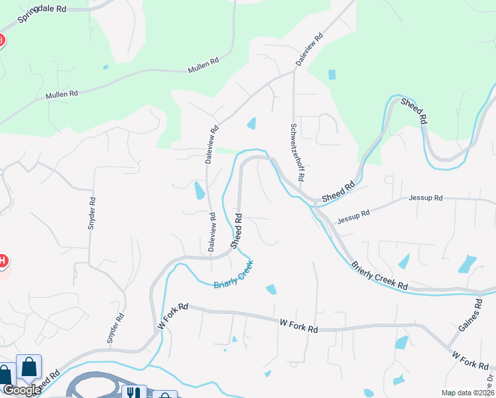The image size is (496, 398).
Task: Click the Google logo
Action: pos(21,390)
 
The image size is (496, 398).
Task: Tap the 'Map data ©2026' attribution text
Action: pos(467,393)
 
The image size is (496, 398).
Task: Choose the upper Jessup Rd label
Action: pos(425,198)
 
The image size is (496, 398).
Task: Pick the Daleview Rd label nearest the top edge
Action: pos(309,48)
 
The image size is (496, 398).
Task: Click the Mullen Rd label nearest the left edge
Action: pos(62,95)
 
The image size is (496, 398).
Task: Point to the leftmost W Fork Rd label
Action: pos(173,316)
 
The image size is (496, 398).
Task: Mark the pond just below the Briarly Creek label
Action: pos(271,289)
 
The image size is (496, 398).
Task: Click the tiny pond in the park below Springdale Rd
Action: pos(105,67)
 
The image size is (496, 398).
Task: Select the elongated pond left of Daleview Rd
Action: pos(199,190)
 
